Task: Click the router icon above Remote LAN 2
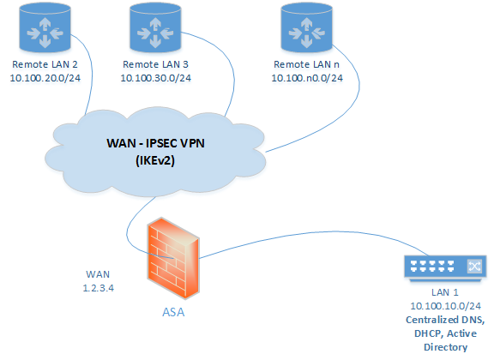pos(45,27)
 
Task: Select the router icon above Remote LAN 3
pos(155,27)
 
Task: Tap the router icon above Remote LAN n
pos(306,27)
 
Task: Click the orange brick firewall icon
pos(173,258)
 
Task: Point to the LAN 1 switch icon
pos(445,267)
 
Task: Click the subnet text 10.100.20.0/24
pos(45,78)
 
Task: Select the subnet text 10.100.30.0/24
pos(155,78)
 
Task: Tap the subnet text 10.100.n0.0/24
pos(307,78)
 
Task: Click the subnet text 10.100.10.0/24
pos(445,306)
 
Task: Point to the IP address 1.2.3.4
pos(99,288)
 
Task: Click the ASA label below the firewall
pos(173,312)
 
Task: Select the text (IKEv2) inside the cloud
pos(155,160)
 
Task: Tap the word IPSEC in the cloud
pos(160,143)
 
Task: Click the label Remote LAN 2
pos(45,64)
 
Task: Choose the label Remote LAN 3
pos(155,64)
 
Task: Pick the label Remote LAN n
pos(306,64)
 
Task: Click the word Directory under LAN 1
pos(445,347)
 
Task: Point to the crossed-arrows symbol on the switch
pos(474,266)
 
